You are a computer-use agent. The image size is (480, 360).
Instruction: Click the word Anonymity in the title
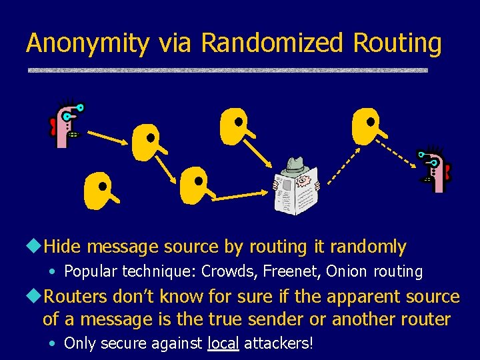coord(87,43)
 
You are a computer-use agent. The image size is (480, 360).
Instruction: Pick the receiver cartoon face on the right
coord(435,169)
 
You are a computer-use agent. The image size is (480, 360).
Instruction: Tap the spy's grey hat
coord(295,165)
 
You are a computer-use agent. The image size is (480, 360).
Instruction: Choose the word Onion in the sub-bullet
coord(347,272)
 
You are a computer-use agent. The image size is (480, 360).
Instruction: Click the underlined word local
coord(223,344)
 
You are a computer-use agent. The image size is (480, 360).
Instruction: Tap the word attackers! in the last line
coord(279,344)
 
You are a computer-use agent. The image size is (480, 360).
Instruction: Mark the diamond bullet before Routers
coord(35,296)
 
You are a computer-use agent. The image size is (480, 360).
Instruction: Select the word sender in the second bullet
coord(292,319)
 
